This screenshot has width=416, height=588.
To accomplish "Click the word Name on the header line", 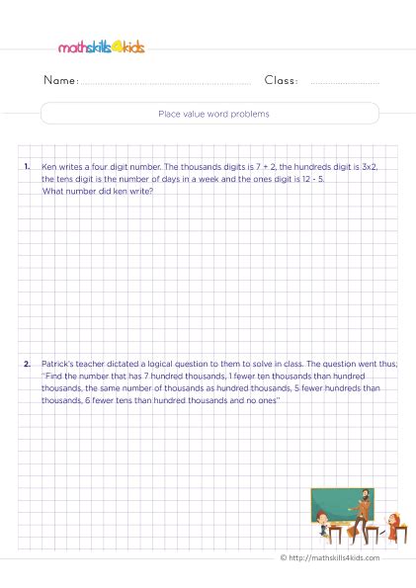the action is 60,80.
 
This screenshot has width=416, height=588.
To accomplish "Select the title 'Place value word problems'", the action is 213,114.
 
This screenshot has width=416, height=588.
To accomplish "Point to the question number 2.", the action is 27,365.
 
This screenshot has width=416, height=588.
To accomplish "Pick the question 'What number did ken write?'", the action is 98,191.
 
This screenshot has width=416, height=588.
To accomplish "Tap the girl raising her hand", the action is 391,526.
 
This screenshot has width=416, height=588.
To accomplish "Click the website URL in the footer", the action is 335,558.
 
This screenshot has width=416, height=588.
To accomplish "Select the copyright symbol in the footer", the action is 284,558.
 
